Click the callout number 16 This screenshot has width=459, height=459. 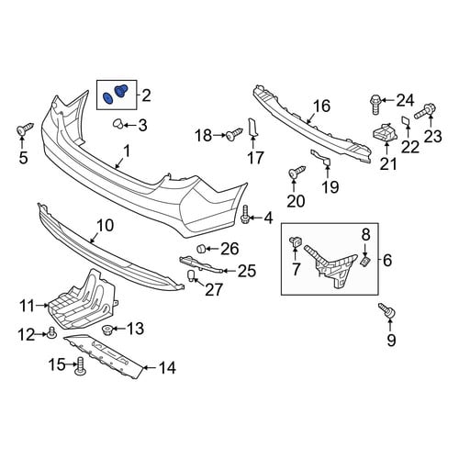tap(321, 106)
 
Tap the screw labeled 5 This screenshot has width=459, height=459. tap(25, 129)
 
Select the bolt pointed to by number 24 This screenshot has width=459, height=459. tap(375, 104)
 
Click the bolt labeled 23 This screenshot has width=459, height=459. tap(424, 112)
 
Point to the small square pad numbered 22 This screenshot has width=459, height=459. tap(407, 121)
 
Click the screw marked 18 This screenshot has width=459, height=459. tap(234, 134)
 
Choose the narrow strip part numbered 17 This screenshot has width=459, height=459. tap(252, 128)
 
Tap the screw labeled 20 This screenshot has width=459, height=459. tap(297, 172)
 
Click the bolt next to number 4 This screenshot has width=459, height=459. tap(245, 215)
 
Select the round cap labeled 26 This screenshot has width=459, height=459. tap(200, 249)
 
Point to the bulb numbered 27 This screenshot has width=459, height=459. tap(191, 276)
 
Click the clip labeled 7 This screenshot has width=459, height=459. tap(295, 242)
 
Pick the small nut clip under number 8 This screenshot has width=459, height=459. tap(365, 262)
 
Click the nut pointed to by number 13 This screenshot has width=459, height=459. tap(106, 330)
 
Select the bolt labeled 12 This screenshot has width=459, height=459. tap(52, 332)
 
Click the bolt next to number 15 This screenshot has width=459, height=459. tap(80, 365)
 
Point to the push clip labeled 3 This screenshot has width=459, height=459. tap(118, 124)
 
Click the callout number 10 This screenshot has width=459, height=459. tap(105, 226)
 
